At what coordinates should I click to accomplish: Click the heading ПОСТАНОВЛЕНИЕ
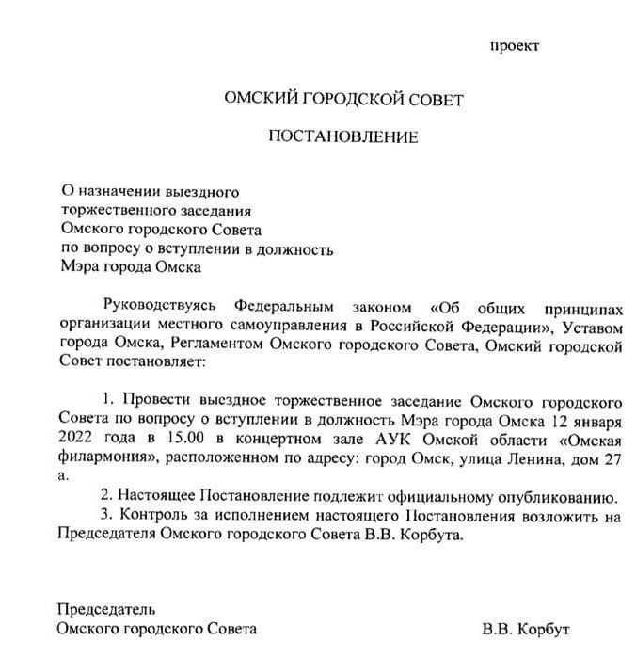click(x=342, y=137)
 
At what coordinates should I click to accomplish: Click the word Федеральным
click(x=281, y=307)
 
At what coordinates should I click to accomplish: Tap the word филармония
click(x=100, y=460)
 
